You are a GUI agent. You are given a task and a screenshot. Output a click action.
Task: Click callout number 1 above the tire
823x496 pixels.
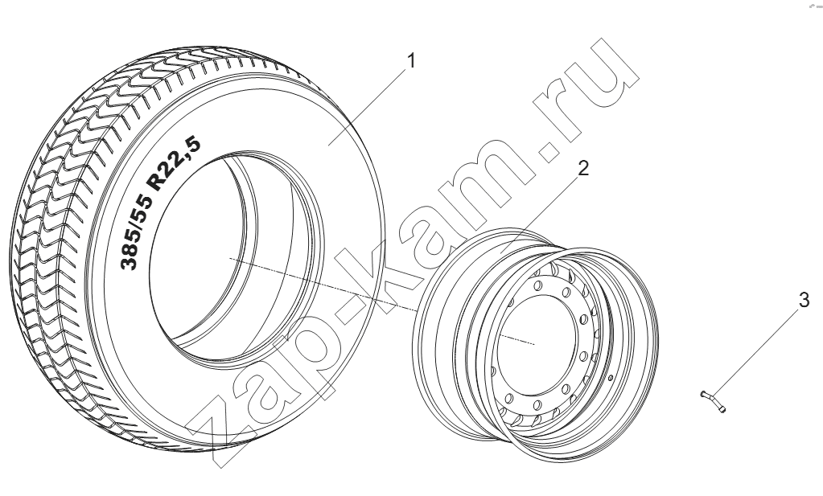pos(412,61)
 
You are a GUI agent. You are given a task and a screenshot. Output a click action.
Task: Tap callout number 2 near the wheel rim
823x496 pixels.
pos(583,168)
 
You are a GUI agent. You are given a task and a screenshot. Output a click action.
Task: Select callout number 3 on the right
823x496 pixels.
pos(804,301)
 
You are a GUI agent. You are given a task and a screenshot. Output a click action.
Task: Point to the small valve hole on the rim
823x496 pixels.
pos(611,378)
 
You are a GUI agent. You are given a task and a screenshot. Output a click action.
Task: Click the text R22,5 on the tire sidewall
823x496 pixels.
pos(174,163)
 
